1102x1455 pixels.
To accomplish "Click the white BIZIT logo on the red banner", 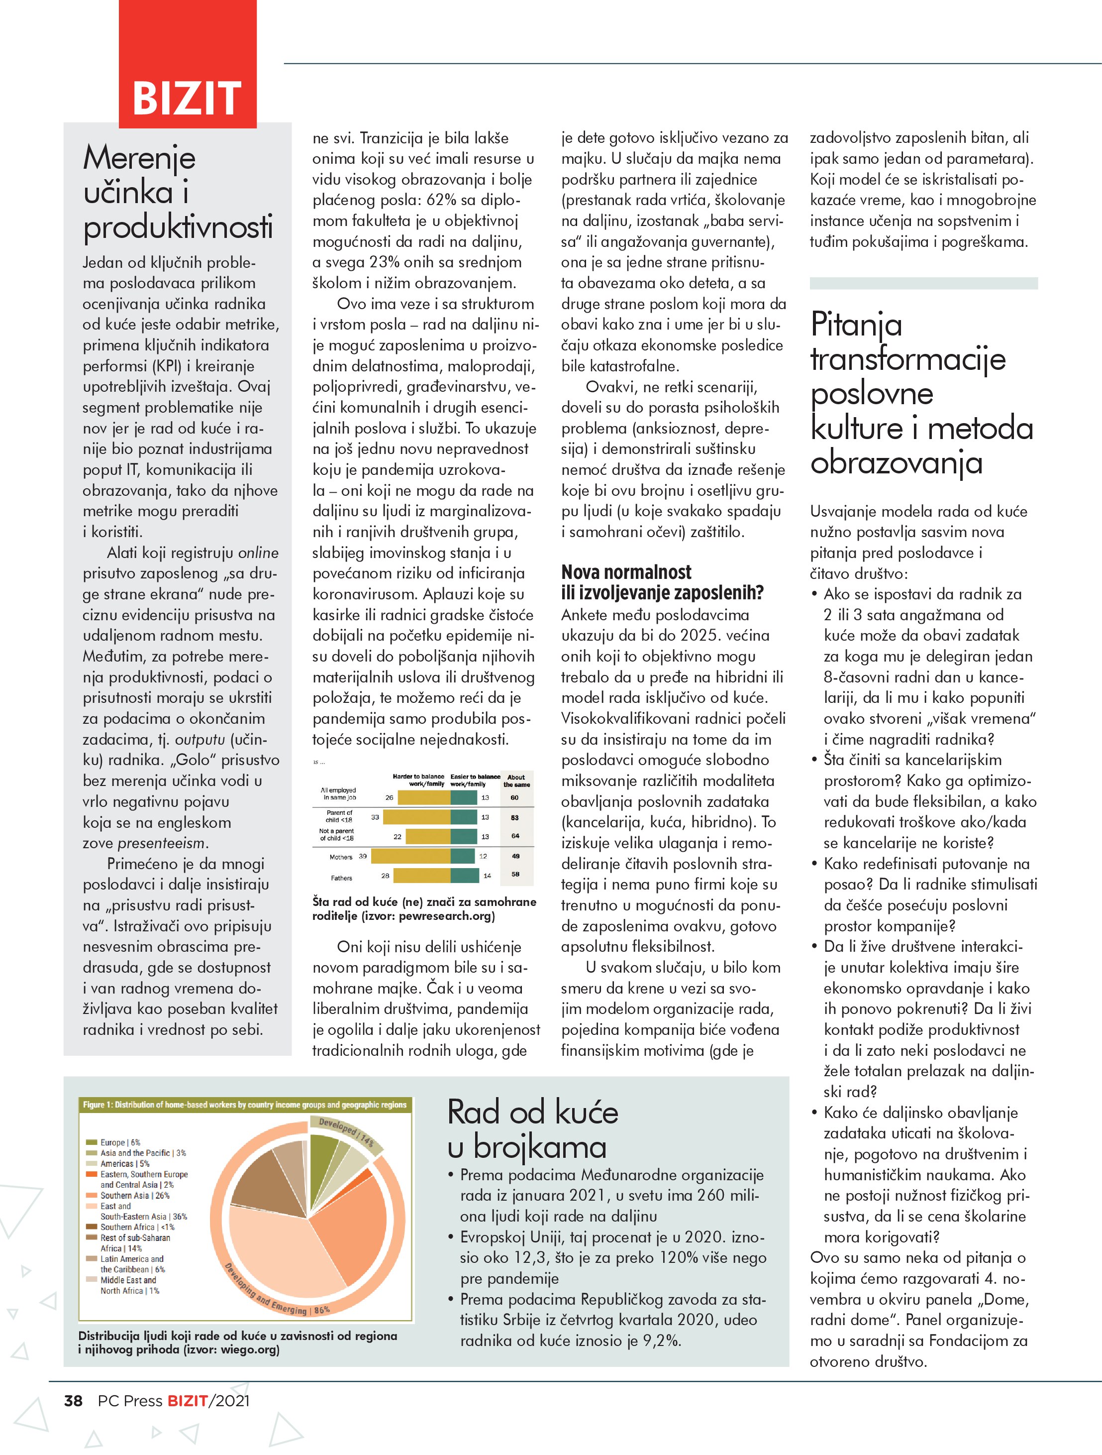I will point(188,98).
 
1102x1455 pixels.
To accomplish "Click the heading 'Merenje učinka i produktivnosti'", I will point(178,192).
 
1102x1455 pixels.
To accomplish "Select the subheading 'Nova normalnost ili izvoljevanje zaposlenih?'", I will point(662,582).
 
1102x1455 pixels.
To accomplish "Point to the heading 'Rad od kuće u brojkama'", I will point(532,1129).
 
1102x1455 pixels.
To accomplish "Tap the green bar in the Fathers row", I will point(465,876).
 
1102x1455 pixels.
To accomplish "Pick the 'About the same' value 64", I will point(515,836).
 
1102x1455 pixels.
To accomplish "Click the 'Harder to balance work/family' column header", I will point(418,780).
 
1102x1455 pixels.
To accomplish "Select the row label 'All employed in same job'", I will point(339,794).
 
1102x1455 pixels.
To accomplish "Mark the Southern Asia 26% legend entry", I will point(135,1195).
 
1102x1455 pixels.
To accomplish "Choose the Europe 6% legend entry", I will point(120,1142).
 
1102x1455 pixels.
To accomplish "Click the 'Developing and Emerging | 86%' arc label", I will point(276,1293).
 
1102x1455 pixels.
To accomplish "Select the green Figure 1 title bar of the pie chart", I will point(245,1105).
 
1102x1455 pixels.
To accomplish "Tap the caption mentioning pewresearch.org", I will point(423,908).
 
